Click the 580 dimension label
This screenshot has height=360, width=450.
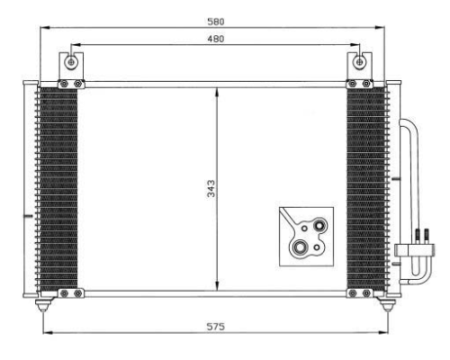216,22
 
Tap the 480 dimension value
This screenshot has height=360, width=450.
216,39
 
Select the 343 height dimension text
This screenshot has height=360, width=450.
211,188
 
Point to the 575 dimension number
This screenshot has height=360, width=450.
215,327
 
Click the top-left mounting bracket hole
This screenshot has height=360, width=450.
71,62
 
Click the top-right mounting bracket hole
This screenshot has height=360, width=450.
360,62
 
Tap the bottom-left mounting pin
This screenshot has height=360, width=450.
43,305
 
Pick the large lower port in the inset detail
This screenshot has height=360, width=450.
299,247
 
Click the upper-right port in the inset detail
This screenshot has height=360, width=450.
319,225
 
